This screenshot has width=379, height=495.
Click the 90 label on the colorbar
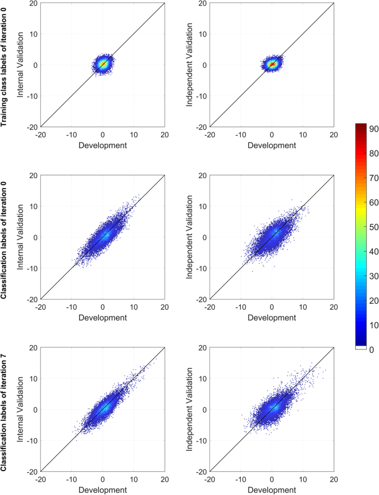(372, 128)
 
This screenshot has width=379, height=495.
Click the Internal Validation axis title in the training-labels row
(22, 65)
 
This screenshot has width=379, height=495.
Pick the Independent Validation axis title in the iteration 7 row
(191, 409)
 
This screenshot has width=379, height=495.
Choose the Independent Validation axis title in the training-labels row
(191, 65)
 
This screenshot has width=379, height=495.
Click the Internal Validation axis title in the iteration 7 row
(22, 409)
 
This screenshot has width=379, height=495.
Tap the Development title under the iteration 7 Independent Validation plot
(272, 489)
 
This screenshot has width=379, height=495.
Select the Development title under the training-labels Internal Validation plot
(102, 145)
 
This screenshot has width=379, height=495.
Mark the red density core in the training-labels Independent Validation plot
(272, 64)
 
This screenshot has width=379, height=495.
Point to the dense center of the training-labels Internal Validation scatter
(103, 64)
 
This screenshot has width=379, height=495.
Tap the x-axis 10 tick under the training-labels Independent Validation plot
(303, 134)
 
